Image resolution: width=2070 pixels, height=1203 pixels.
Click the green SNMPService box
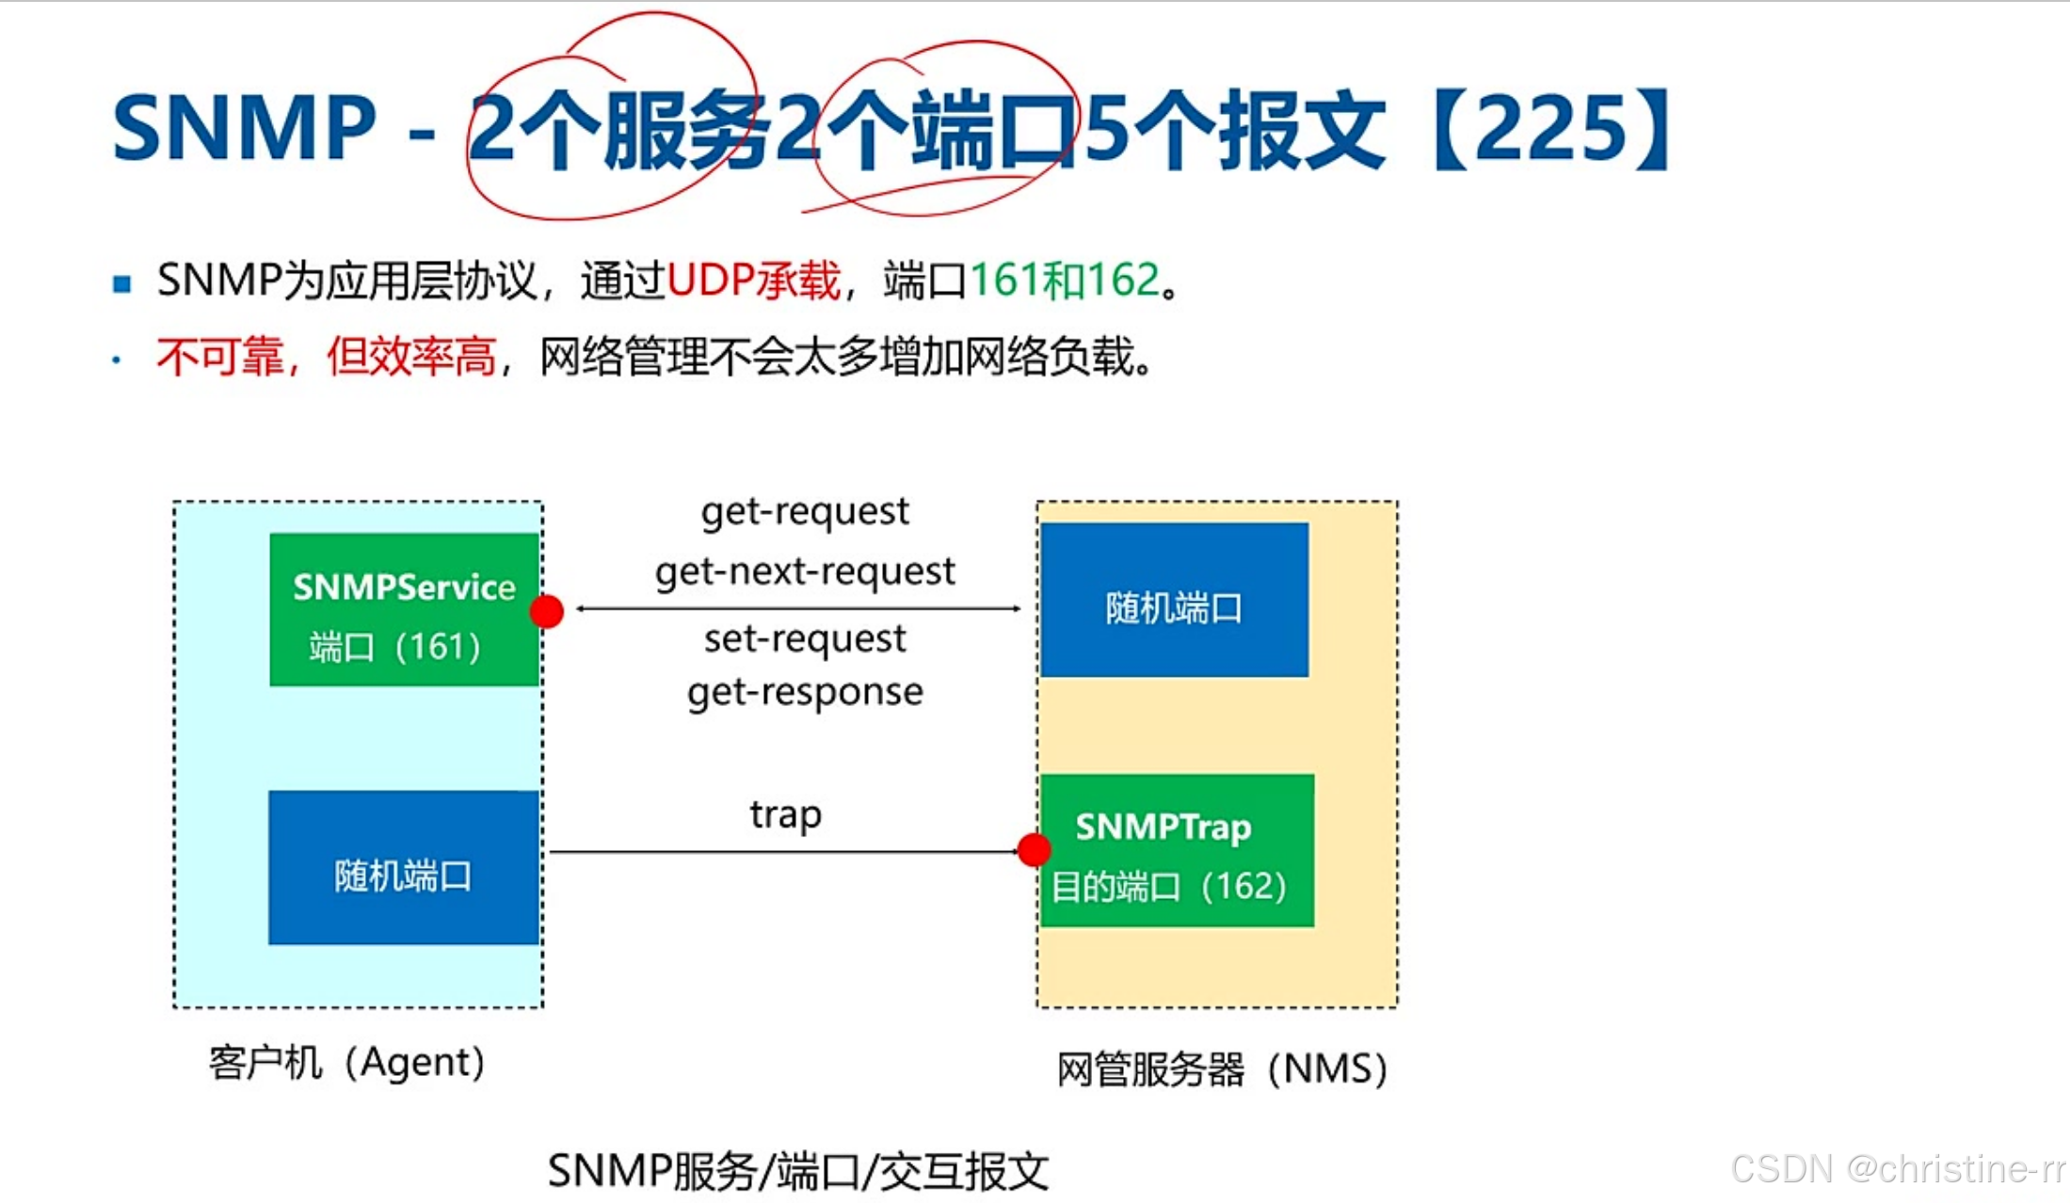point(404,610)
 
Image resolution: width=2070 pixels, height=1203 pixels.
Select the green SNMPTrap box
point(1177,851)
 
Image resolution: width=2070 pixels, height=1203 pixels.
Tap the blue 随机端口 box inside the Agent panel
point(404,868)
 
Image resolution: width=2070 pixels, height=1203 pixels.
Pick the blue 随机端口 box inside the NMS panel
point(1174,601)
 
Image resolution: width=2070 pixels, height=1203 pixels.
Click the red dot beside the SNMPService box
point(547,612)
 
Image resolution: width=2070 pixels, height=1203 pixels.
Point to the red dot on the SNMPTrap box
point(1034,850)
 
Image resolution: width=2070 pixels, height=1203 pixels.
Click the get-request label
point(805,512)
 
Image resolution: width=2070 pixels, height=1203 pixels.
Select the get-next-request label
point(805,572)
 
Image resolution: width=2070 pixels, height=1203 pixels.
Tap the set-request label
point(805,640)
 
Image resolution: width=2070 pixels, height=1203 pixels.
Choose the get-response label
point(805,693)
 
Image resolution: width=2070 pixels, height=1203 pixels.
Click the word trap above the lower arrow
point(785,815)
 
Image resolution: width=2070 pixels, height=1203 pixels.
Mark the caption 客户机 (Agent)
point(346,1064)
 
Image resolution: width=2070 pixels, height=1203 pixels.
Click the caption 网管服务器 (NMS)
point(1222,1069)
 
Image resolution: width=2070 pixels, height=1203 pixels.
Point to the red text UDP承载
point(753,281)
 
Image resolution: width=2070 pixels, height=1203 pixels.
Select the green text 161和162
point(1065,281)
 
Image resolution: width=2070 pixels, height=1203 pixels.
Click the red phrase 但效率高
point(410,358)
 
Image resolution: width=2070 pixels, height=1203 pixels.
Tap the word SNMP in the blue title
point(244,128)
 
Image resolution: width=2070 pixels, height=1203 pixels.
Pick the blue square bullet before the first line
point(121,283)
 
